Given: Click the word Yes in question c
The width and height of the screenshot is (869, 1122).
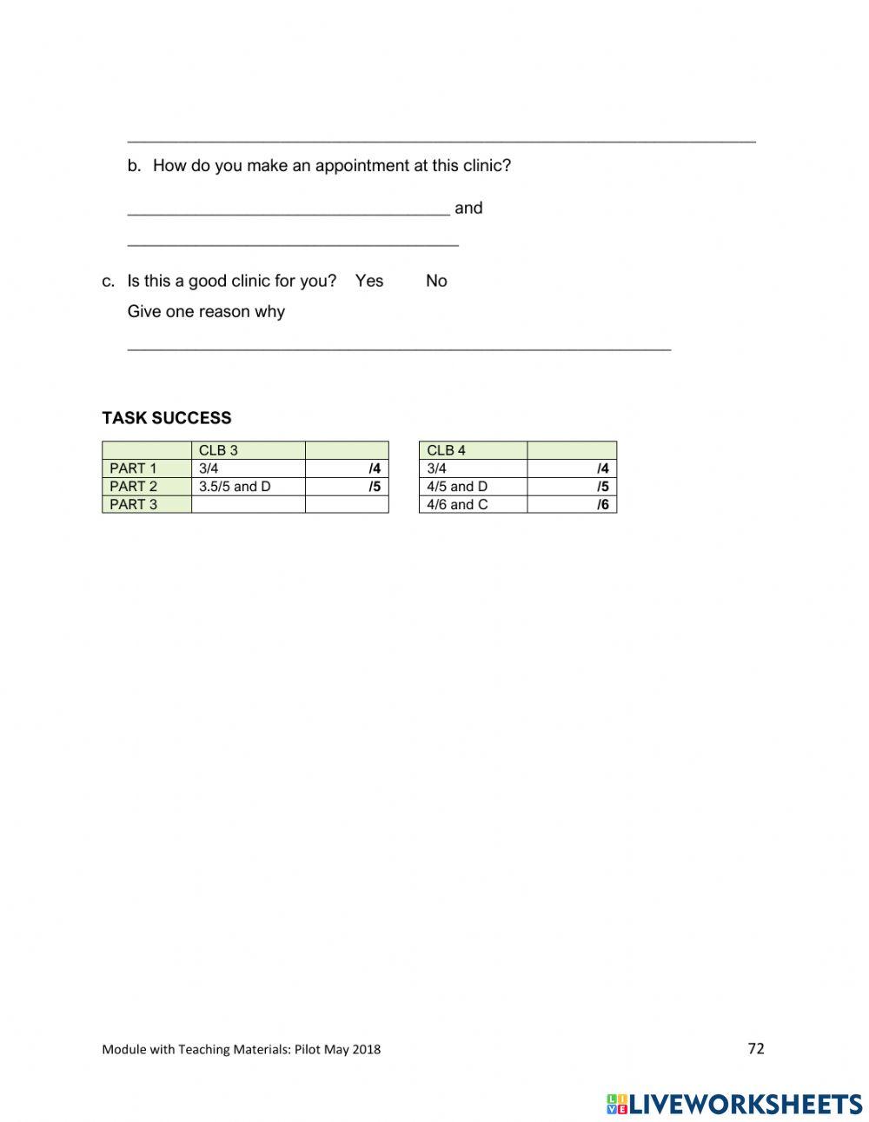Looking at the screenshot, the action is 368,281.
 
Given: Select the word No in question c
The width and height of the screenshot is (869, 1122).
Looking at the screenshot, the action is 436,281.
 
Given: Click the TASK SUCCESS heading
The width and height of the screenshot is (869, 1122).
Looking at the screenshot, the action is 167,418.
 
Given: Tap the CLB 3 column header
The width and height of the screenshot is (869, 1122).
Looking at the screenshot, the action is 218,450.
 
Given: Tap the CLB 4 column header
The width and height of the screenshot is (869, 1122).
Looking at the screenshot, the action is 446,450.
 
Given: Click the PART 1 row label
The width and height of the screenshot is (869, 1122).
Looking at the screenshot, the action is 134,468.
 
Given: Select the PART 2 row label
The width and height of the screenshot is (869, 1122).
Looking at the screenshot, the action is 134,487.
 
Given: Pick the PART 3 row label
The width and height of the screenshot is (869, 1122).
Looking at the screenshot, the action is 134,505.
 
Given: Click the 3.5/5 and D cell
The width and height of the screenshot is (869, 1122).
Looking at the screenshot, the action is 235,487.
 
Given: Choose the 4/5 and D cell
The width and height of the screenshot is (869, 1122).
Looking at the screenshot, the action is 457,487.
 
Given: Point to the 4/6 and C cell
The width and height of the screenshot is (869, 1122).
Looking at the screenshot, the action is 457,505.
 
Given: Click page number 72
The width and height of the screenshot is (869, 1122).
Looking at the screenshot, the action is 756,1048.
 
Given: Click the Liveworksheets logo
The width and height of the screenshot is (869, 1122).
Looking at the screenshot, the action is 734,1104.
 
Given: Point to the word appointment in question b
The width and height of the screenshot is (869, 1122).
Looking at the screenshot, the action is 361,165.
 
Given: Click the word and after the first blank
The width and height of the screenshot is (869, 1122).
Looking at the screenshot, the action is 468,208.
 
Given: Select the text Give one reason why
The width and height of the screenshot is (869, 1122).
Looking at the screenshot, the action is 206,311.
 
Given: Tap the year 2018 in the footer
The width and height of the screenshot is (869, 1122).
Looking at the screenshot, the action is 367,1049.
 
